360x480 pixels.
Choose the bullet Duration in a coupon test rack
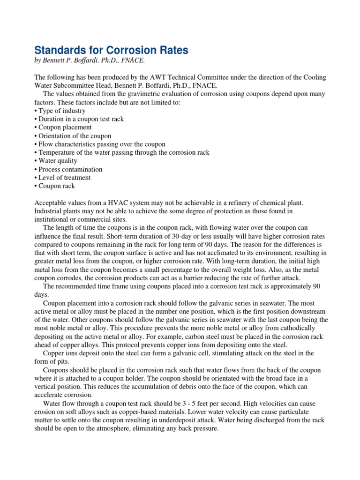pos(79,119)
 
